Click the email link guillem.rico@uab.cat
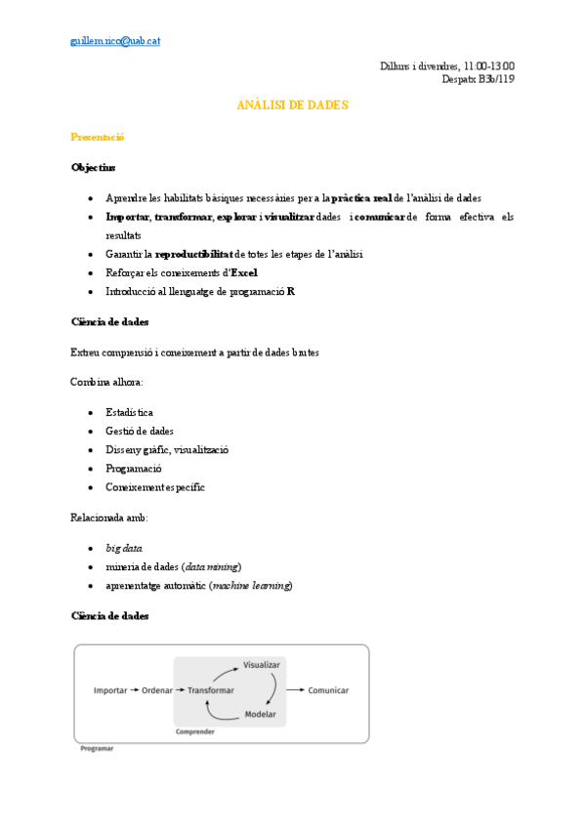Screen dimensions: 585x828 click(115, 41)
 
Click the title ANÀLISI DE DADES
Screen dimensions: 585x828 click(292, 104)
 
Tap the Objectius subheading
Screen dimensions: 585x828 click(93, 167)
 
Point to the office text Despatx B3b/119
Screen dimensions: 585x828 click(479, 79)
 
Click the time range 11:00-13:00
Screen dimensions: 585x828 click(488, 65)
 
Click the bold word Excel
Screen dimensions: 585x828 click(244, 272)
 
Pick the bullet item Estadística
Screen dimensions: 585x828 click(129, 413)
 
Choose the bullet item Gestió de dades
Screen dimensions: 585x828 click(140, 432)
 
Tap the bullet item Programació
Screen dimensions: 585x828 click(134, 469)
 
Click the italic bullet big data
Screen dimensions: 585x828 click(125, 549)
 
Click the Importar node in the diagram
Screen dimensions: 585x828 click(110, 690)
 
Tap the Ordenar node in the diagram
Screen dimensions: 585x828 click(157, 690)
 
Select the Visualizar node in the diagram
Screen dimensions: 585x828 click(262, 665)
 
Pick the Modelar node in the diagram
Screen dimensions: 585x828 click(260, 715)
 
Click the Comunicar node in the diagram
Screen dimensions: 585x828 click(328, 690)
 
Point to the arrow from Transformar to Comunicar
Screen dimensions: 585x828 click(295, 690)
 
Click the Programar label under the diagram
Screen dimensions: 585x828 click(97, 749)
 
